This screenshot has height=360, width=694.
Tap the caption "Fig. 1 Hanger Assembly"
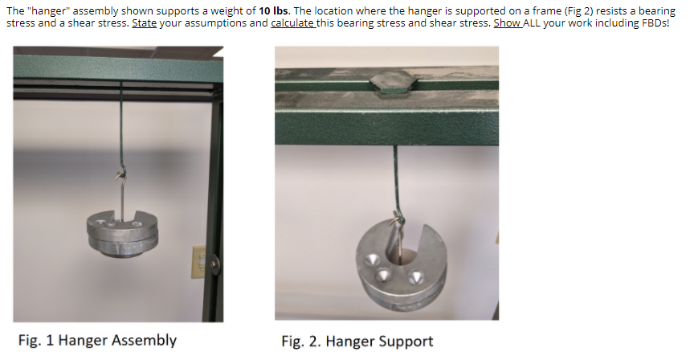[x=97, y=340]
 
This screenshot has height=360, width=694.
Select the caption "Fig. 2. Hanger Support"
[x=357, y=342]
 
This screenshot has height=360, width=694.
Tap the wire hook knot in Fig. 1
[x=120, y=174]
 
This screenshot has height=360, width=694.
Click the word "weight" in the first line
[x=229, y=10]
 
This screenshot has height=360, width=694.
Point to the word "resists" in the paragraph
[x=586, y=10]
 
